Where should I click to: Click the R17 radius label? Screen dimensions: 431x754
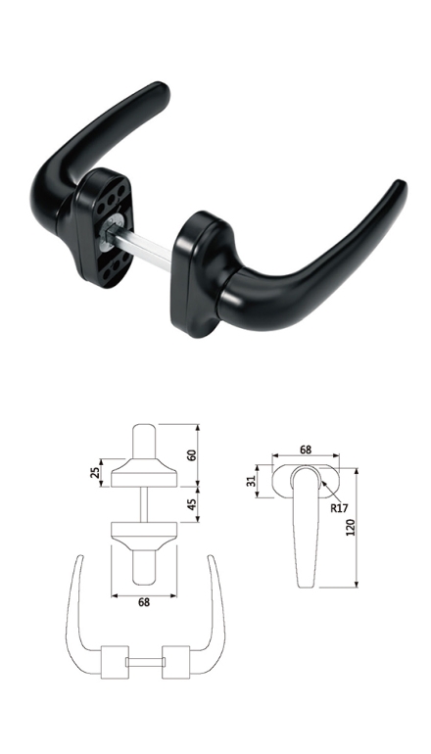point(339,508)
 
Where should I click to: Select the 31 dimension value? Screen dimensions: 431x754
point(251,481)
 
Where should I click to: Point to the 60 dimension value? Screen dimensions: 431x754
point(191,455)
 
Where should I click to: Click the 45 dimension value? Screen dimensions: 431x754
point(191,504)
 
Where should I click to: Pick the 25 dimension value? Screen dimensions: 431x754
point(94,473)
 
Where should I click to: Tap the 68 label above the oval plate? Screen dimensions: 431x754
point(306,449)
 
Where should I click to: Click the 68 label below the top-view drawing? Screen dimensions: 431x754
point(144,602)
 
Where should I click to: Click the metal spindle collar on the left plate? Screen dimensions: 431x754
point(110,232)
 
